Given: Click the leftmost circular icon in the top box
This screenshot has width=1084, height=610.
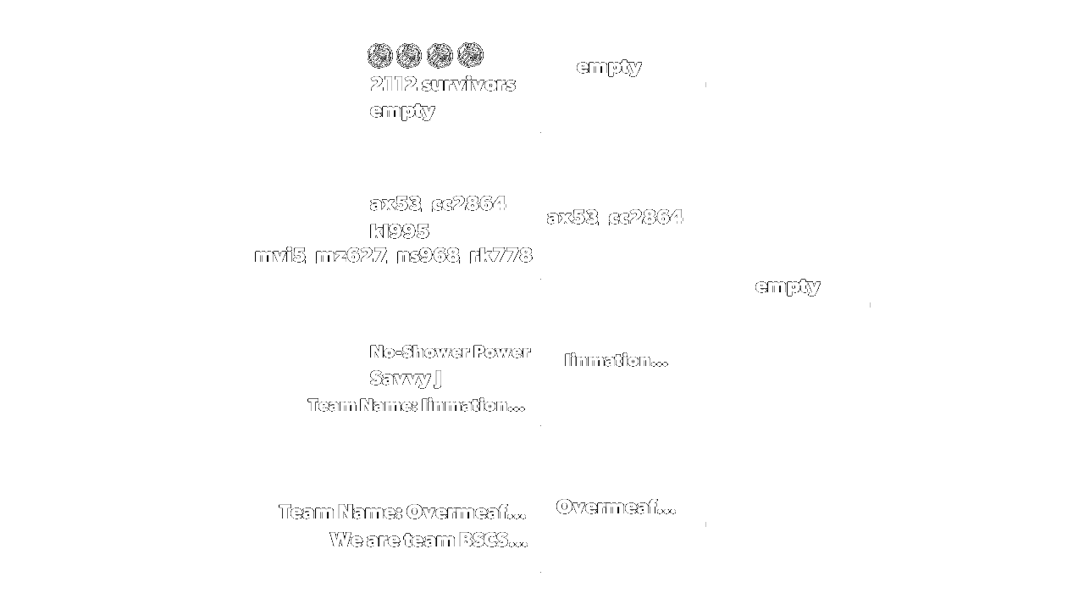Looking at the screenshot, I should click(379, 56).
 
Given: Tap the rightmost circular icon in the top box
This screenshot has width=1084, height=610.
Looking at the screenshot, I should click(470, 56).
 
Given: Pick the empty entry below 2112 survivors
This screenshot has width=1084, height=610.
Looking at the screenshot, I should click(402, 110).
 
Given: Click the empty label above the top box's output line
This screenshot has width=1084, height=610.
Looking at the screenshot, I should click(608, 66).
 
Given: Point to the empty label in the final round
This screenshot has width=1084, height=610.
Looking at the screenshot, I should click(787, 286).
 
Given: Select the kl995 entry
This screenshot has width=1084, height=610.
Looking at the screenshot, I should click(400, 231).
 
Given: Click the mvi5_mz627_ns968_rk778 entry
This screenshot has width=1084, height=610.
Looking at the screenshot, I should click(394, 255).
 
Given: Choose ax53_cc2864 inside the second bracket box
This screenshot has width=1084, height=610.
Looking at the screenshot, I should click(438, 203).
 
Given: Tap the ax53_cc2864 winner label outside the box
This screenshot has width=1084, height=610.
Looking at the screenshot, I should click(615, 217).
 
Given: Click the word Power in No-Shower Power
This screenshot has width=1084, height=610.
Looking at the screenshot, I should click(501, 352).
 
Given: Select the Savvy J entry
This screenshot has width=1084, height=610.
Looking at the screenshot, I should click(406, 378).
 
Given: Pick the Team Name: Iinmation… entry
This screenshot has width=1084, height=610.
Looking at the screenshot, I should click(416, 405).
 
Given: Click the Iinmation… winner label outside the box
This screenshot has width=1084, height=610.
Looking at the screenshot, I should click(616, 360).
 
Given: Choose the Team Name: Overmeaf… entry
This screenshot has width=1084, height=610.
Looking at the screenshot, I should click(402, 512).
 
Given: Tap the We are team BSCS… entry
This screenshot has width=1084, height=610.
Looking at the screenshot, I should click(429, 540).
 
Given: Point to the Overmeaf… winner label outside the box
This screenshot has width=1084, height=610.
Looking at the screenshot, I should click(616, 507).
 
